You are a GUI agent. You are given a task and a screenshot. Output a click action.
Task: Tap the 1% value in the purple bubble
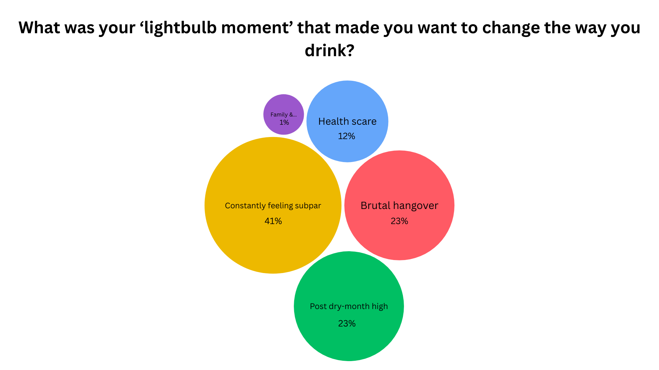284,122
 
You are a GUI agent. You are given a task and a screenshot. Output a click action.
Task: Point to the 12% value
347,136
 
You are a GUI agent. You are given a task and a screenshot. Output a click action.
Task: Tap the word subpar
308,206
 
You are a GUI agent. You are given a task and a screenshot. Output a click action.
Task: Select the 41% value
273,221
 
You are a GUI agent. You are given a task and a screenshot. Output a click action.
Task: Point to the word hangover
416,206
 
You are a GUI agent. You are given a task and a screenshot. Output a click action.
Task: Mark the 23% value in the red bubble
400,221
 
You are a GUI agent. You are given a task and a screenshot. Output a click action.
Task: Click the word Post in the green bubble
318,306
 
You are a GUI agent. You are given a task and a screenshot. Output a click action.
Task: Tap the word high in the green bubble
380,306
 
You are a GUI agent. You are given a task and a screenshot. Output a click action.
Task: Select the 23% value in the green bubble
347,323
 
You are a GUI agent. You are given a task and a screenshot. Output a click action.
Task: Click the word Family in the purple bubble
279,114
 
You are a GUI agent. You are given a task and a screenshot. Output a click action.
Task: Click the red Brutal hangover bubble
400,178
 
